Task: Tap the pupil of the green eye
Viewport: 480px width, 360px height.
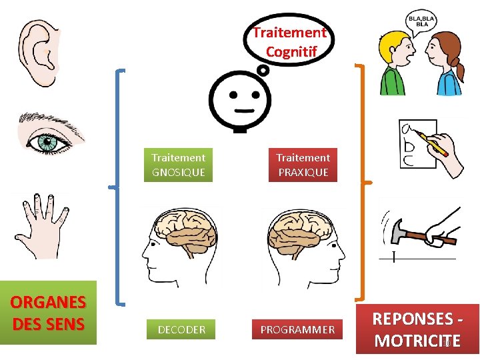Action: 47,141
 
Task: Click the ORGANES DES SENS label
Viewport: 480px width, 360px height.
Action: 48,313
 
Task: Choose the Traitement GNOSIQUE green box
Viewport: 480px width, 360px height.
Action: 178,165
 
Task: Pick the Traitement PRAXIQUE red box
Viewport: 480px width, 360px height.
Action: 303,165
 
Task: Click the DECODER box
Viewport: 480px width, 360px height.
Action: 181,329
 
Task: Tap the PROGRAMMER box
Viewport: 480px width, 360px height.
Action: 297,329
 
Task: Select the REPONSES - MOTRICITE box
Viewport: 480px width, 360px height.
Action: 417,329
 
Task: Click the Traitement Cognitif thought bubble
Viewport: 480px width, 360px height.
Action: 289,41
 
